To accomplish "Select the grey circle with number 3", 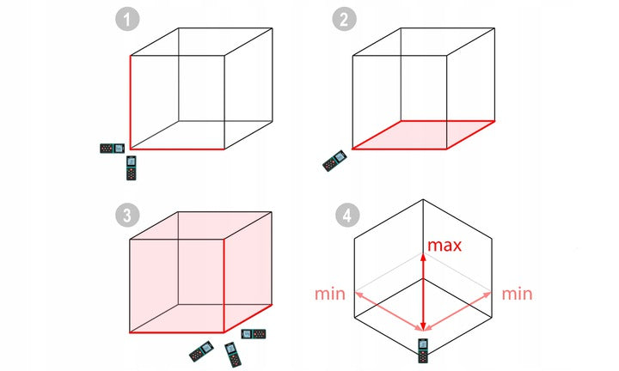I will [x=128, y=215].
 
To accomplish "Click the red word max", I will [x=445, y=246].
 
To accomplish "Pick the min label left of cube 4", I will [x=330, y=294].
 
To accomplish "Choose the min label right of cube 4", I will [x=516, y=294].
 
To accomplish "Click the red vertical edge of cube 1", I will [x=130, y=103].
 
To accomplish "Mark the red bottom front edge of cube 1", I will [x=177, y=149].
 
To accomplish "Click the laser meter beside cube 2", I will [x=334, y=161].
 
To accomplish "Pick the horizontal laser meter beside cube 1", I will [x=112, y=149].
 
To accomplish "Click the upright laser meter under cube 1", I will [x=131, y=167].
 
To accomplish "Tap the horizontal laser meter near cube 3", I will [x=254, y=333].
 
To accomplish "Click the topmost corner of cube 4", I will [x=423, y=201].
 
